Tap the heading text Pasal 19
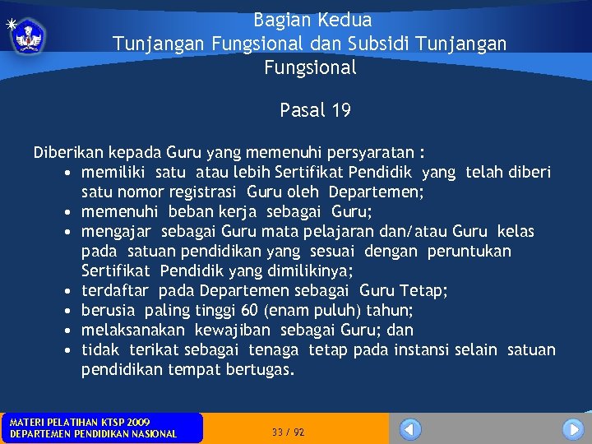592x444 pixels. click(315, 110)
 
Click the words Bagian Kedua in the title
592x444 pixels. click(312, 20)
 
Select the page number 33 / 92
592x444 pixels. click(288, 432)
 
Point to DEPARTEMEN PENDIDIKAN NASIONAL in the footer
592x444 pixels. click(92, 434)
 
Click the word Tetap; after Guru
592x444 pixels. click(421, 291)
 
